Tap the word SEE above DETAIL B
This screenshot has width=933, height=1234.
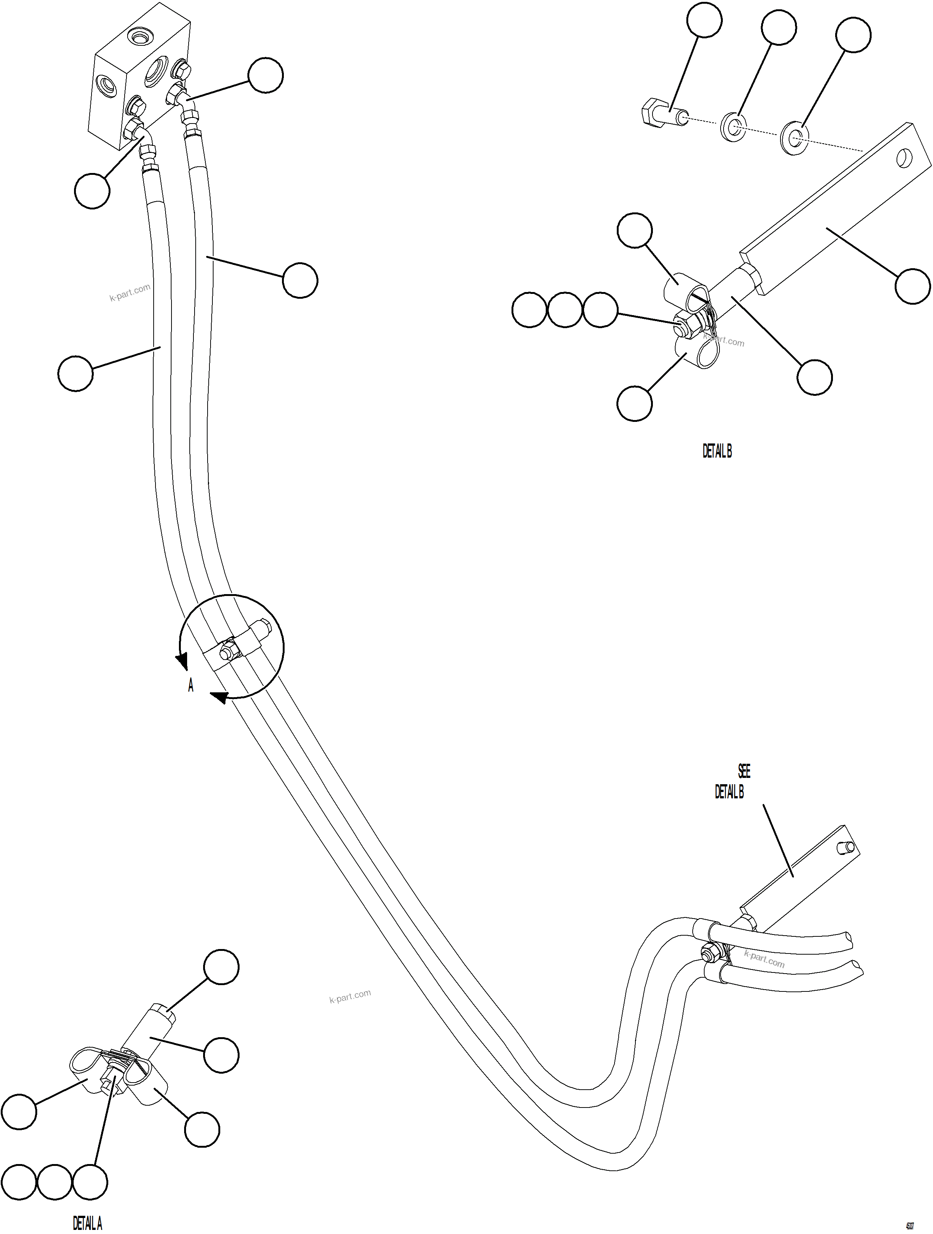[x=744, y=771]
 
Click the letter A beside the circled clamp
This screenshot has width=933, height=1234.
[x=191, y=686]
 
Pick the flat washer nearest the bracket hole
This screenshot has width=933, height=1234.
[x=796, y=136]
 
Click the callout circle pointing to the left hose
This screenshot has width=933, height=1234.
[x=75, y=373]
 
